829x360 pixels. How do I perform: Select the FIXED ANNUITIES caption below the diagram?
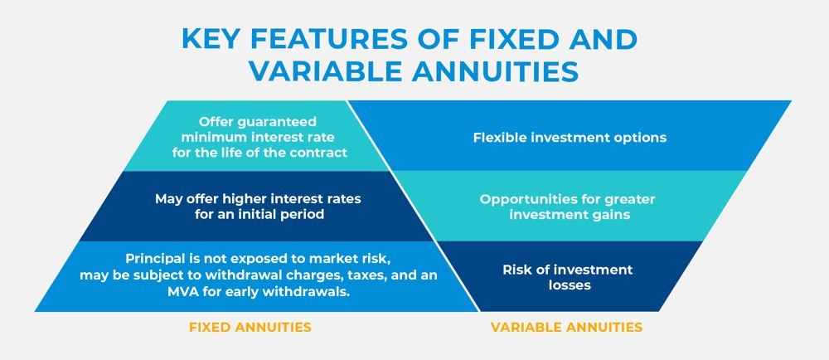[x=250, y=327]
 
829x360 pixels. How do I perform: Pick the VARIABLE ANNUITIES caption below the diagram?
[x=566, y=327]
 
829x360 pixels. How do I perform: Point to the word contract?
[x=322, y=153]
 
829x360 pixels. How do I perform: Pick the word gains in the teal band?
[x=613, y=216]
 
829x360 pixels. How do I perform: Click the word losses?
[x=569, y=285]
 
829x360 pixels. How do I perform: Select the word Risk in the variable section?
[x=515, y=270]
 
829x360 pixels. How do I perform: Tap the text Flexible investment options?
[x=570, y=138]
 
